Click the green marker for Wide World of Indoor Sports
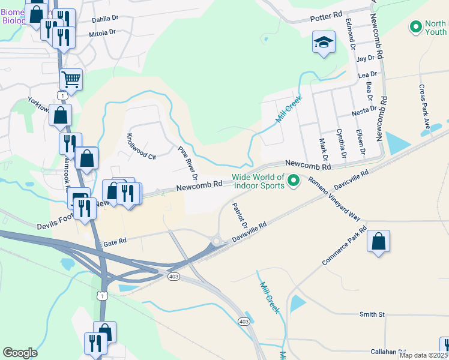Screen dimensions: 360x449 [294, 180]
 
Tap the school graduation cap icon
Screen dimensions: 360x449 [323, 43]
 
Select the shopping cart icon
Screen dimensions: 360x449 [71, 79]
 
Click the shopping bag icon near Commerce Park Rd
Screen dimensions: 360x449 [378, 242]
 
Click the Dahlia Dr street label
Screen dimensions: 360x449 [105, 19]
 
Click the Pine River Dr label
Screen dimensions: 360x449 [187, 163]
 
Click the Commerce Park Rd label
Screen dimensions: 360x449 [344, 246]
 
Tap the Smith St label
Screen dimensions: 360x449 [372, 314]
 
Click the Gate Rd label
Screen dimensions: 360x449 [115, 243]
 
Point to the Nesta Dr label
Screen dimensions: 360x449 [364, 110]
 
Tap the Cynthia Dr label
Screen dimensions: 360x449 [342, 143]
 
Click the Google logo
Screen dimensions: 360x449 [20, 353]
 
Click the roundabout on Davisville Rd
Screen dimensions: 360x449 [215, 241]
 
